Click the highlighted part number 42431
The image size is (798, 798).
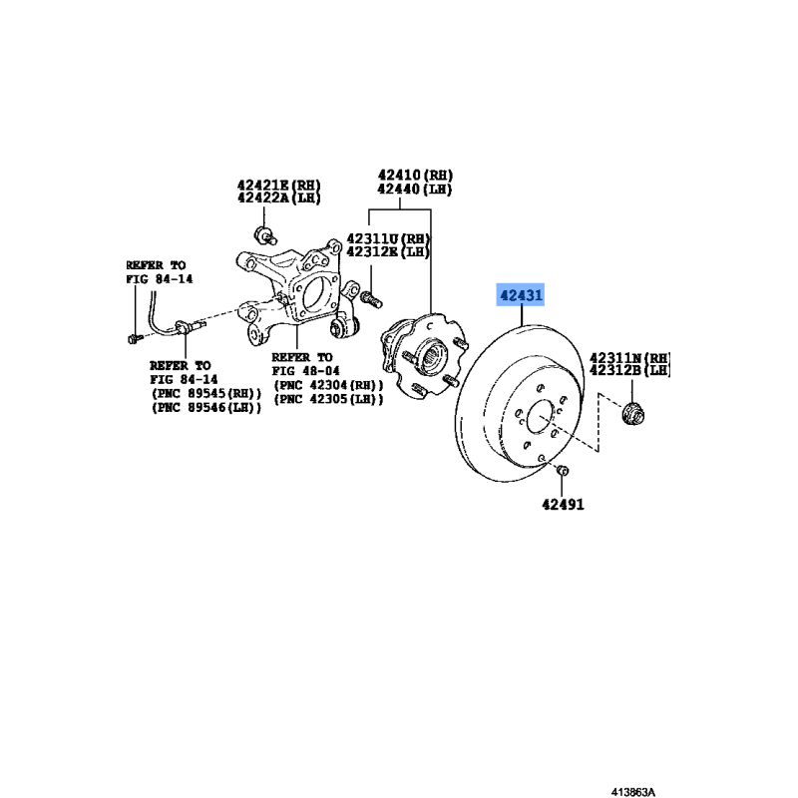tap(521, 295)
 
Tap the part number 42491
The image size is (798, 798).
tap(563, 505)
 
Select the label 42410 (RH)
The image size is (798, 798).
tap(415, 176)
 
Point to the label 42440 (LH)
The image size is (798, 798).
tap(415, 190)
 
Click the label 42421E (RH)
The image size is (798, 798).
tap(279, 185)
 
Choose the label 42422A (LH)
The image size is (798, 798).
tap(279, 198)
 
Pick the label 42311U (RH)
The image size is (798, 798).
tap(388, 238)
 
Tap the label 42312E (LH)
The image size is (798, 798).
tap(388, 251)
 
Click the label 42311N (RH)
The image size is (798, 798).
tap(630, 358)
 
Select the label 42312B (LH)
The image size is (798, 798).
tap(630, 370)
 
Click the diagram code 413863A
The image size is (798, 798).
tap(633, 792)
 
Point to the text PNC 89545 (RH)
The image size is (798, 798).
tap(206, 393)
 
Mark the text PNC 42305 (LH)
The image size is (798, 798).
tap(328, 400)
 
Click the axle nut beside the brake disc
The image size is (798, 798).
tap(633, 413)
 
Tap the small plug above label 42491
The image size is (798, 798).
tap(563, 470)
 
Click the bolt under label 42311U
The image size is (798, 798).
tap(371, 299)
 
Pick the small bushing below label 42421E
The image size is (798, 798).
tap(264, 235)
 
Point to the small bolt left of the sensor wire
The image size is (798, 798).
tap(135, 338)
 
